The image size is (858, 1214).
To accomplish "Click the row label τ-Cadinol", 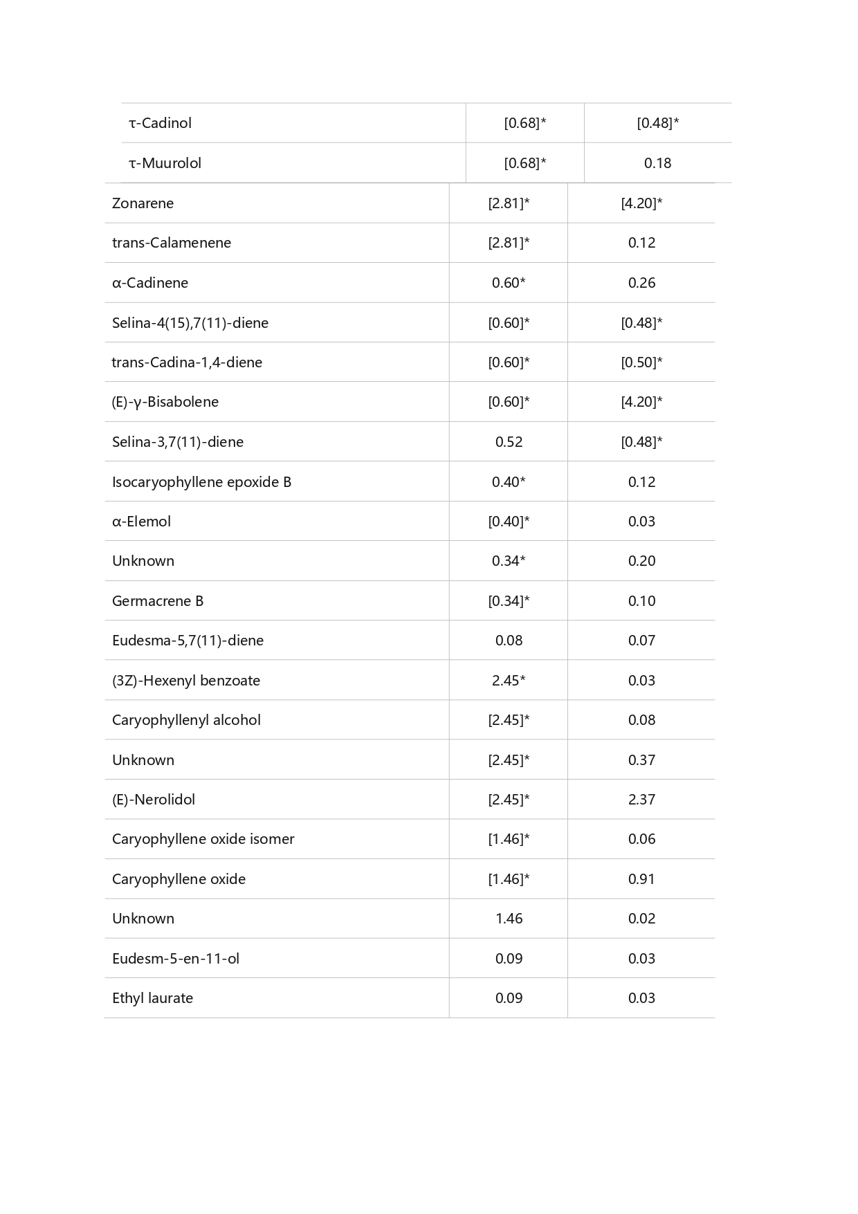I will click(160, 123).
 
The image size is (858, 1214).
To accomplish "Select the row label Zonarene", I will click(143, 203).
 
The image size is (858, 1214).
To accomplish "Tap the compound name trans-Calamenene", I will click(172, 243).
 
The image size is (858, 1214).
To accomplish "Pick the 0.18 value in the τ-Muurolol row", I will click(657, 163).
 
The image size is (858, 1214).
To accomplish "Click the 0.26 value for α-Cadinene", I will click(641, 283).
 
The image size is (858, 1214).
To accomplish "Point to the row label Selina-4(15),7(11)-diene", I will click(190, 323).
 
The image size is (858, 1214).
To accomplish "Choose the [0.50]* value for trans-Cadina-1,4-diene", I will click(641, 362).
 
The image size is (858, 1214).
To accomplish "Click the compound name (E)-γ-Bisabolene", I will click(165, 402).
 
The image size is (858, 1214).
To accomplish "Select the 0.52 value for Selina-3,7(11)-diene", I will click(509, 442).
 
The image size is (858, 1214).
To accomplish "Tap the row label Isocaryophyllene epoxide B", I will click(201, 482).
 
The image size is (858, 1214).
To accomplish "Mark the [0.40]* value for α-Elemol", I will click(509, 522).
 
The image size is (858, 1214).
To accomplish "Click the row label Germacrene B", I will click(158, 601).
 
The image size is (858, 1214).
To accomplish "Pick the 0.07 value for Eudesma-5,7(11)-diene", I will click(641, 641).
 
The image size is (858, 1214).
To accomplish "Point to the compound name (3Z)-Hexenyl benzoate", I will click(186, 681).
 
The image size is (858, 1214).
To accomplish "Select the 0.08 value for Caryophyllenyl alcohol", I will click(641, 720).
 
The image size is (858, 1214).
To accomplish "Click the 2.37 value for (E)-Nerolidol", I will click(641, 800).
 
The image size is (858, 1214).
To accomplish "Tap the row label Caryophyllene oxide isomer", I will click(203, 839).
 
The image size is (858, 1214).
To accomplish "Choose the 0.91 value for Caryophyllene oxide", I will click(641, 879).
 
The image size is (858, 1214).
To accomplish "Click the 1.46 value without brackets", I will click(509, 919).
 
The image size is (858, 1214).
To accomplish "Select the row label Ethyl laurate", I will click(152, 998).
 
